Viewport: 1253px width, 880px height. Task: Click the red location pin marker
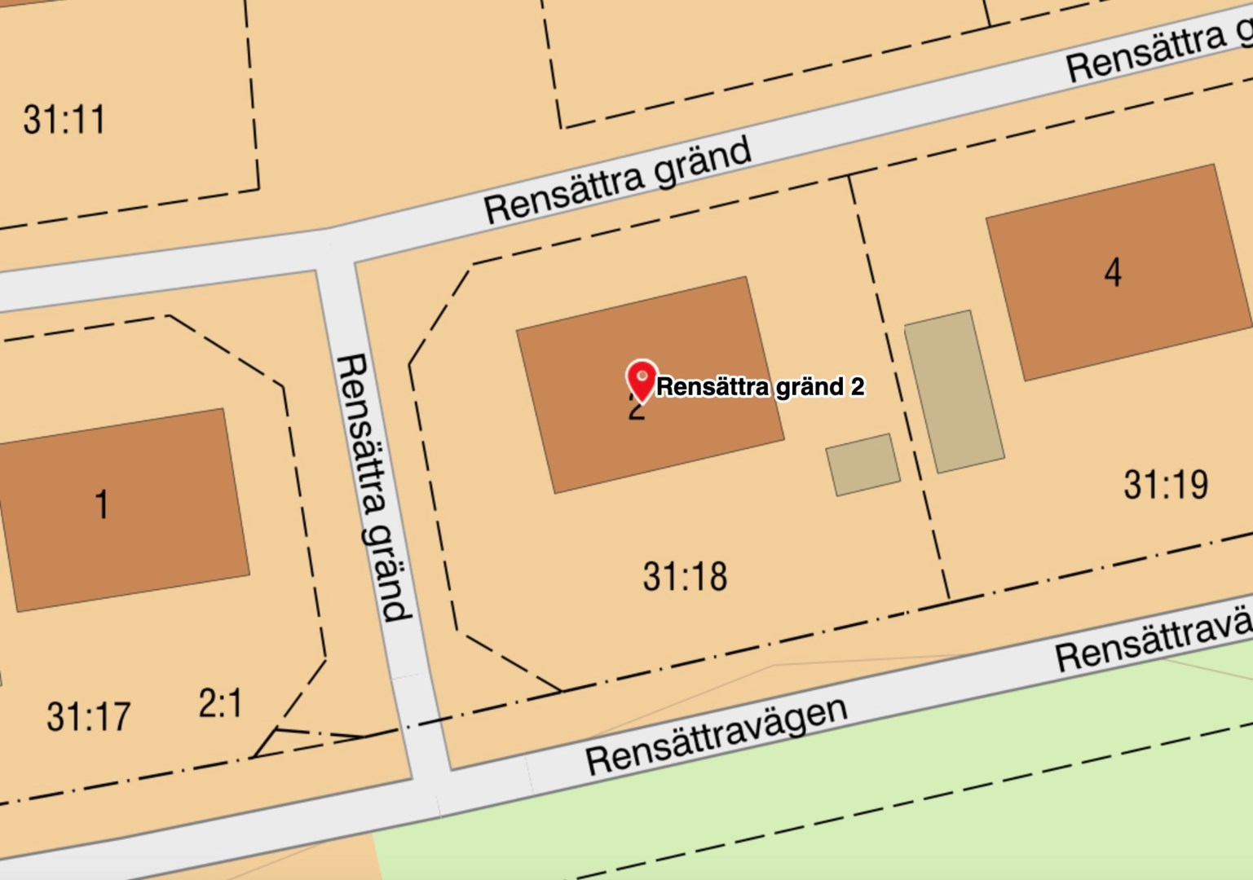642,380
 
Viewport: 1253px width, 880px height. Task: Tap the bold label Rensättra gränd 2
760,386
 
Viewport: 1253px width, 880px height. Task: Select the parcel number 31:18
685,576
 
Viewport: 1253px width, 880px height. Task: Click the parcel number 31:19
1166,485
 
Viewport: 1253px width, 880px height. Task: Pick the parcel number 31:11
64,120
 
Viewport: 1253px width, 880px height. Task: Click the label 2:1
220,703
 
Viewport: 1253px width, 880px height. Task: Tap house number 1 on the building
102,504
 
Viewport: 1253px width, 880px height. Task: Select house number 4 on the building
1113,272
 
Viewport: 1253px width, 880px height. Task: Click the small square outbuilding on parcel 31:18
863,464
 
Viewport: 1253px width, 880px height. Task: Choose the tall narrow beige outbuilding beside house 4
954,391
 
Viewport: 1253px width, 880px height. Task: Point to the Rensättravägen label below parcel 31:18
717,736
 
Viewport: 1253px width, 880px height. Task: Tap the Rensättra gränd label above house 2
617,181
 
